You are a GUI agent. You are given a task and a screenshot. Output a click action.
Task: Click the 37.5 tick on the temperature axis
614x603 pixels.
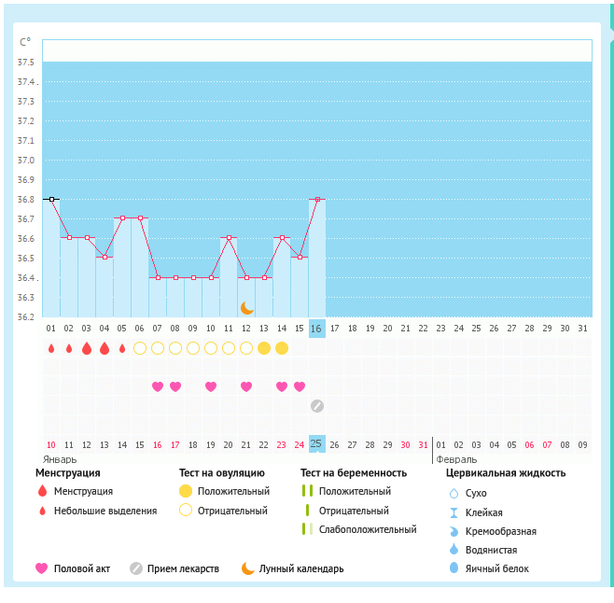pos(26,63)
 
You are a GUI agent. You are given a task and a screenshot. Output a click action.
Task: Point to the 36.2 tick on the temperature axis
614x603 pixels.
pos(26,317)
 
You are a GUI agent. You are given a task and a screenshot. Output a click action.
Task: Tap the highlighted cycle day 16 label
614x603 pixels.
pos(316,329)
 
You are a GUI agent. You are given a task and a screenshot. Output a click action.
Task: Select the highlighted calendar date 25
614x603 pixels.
pos(316,443)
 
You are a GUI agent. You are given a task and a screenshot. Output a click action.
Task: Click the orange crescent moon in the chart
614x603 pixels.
pos(246,307)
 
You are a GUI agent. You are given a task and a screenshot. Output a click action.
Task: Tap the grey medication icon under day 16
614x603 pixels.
pos(317,406)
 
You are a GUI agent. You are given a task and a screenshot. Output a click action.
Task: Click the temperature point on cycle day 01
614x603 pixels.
pos(52,199)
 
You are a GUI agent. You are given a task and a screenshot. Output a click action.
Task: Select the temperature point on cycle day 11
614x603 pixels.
pos(229,238)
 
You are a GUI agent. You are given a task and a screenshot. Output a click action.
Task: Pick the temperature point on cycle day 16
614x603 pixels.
pos(317,199)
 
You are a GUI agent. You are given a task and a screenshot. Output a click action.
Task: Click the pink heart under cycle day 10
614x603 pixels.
pos(211,386)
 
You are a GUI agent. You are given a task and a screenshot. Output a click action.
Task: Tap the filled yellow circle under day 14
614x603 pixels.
pos(282,348)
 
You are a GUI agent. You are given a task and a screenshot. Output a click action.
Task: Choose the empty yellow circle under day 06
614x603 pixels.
pos(140,348)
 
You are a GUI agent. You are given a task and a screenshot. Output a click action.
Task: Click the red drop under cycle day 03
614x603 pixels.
pos(87,348)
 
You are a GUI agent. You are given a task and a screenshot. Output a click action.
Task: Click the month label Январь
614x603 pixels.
pos(60,459)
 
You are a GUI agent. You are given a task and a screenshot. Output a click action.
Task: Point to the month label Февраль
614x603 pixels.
pos(456,459)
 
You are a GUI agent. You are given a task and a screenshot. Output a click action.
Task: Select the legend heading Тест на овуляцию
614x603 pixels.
pos(222,473)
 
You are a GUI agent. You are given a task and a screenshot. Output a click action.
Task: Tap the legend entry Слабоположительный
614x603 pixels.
pos(367,529)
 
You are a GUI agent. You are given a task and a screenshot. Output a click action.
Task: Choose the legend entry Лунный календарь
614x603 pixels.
pos(300,568)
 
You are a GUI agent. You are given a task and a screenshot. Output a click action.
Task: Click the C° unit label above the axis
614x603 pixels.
pos(25,42)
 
